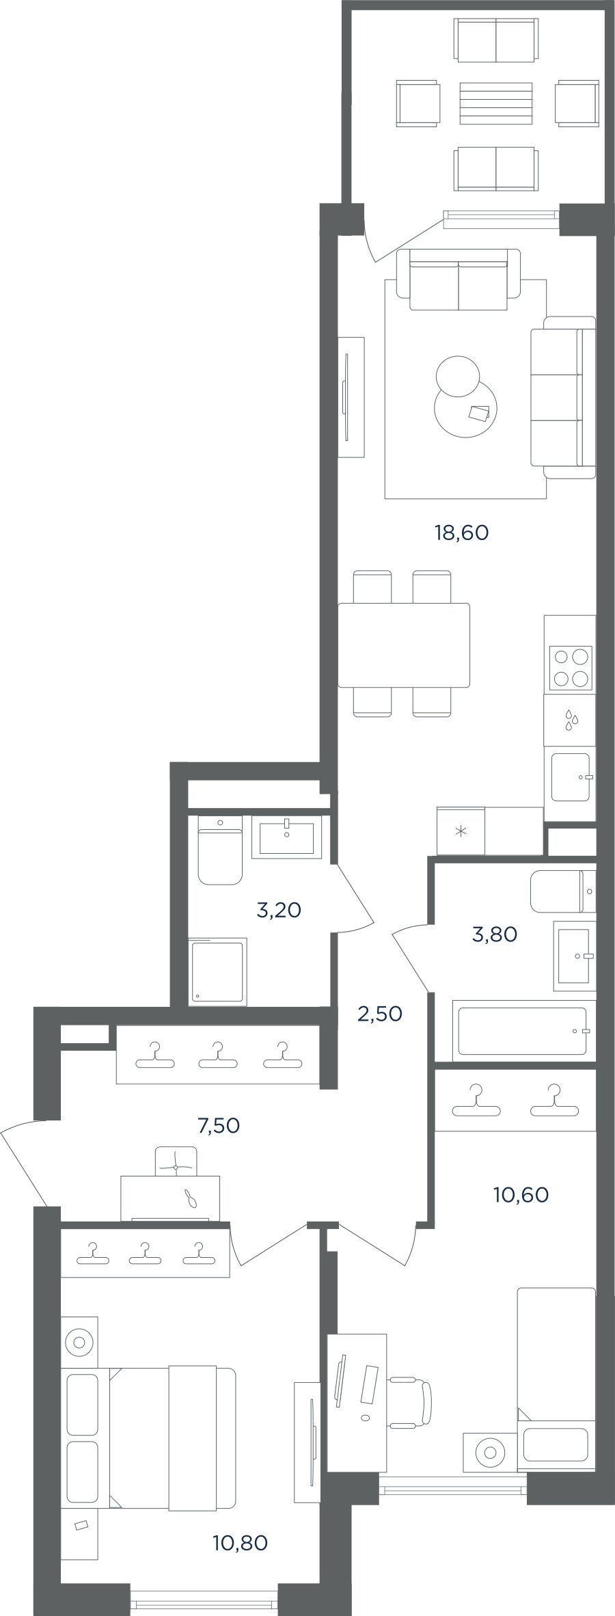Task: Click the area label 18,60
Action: (x=462, y=533)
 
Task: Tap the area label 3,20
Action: (x=279, y=910)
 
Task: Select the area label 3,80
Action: (x=495, y=934)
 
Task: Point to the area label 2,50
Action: (x=380, y=1014)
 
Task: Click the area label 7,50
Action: (x=219, y=1125)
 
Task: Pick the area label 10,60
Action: (x=521, y=1195)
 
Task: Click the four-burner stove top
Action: (x=571, y=667)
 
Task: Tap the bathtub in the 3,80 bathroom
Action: (x=523, y=1031)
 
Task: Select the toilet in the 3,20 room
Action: (x=220, y=850)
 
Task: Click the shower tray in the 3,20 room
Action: (x=217, y=971)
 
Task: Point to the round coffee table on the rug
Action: (x=465, y=409)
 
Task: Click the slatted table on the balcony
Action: (x=496, y=103)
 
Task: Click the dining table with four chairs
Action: (x=404, y=645)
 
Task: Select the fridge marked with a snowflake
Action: (x=461, y=831)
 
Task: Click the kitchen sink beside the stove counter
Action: (x=571, y=777)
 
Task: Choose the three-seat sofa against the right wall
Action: (x=563, y=397)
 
